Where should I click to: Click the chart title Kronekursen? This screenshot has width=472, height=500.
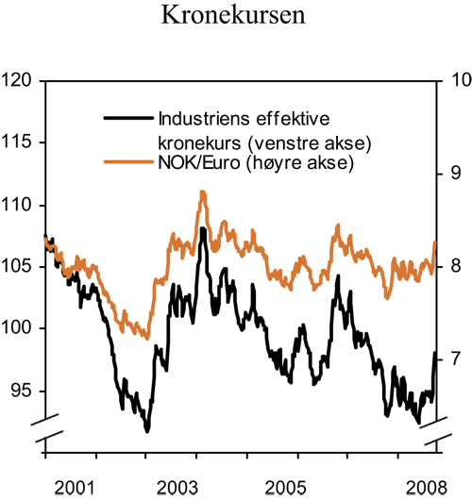tap(235, 16)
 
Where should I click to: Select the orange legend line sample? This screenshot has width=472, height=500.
tap(126, 162)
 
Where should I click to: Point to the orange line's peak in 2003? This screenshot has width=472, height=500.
tap(202, 192)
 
